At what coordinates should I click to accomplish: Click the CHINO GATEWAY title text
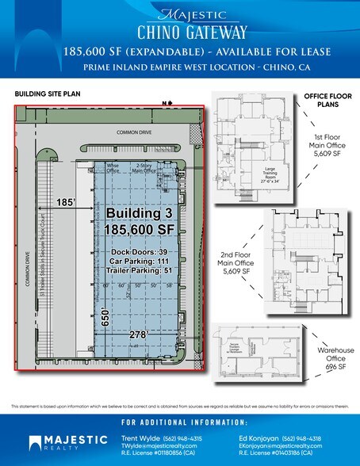click(x=180, y=32)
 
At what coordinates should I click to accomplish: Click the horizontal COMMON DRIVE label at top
click(x=134, y=133)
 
